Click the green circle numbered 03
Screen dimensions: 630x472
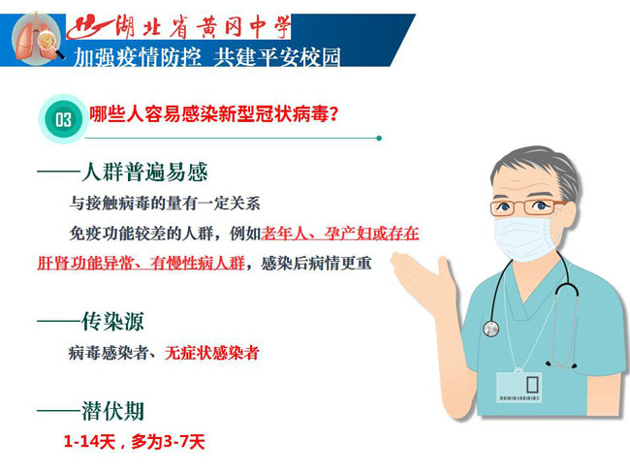click(x=63, y=119)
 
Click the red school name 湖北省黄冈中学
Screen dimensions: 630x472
click(x=203, y=27)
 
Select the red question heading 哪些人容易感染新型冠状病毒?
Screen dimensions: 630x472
click(x=213, y=114)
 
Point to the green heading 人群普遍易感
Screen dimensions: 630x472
click(x=144, y=172)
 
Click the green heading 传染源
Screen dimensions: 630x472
click(x=112, y=322)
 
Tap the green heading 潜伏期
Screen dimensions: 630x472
click(x=112, y=411)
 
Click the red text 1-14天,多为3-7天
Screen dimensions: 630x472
click(x=134, y=442)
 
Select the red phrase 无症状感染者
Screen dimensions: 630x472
click(x=211, y=353)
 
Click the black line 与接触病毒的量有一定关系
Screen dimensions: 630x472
click(x=165, y=204)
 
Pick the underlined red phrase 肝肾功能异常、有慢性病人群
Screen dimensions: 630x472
click(x=142, y=264)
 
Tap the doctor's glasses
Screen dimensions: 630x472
click(x=527, y=206)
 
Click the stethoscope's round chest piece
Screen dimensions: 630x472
click(x=490, y=329)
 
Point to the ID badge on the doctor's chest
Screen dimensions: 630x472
click(x=519, y=387)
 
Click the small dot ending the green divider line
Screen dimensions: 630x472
click(x=379, y=139)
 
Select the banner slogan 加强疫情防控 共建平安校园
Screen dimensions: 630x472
click(x=207, y=56)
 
